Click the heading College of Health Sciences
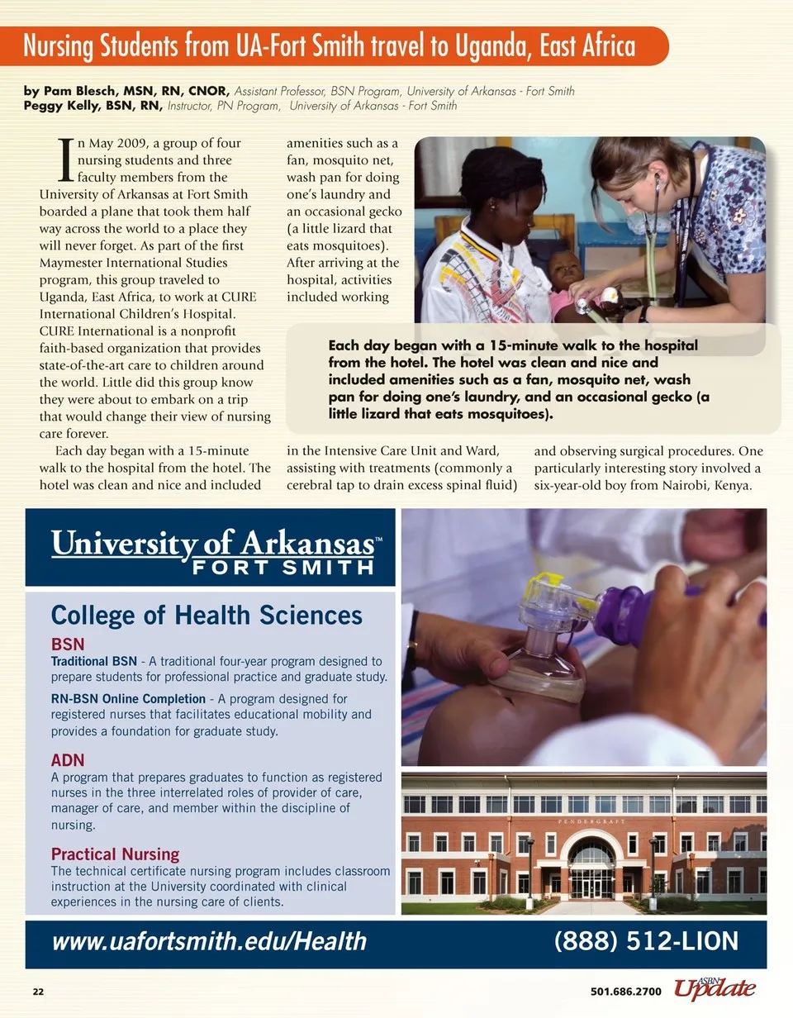(x=207, y=616)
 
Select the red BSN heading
(x=68, y=644)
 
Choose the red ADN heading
(x=68, y=760)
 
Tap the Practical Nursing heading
(x=115, y=854)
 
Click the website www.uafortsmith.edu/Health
(x=209, y=941)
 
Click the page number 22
(x=38, y=992)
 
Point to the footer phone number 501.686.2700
(x=626, y=992)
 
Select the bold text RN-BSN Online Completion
(x=128, y=699)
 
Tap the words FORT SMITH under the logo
(x=283, y=568)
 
